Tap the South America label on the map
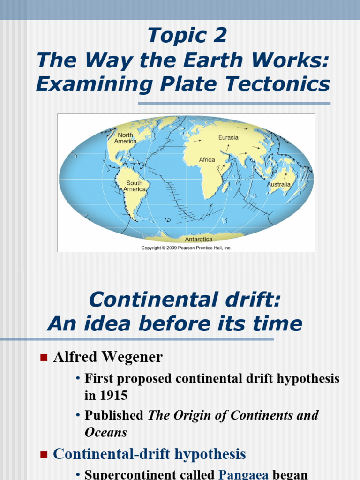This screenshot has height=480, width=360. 135,186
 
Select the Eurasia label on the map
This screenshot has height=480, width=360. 228,137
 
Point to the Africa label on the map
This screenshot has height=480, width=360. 207,160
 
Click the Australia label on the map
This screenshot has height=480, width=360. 279,184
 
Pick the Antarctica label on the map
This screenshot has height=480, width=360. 198,239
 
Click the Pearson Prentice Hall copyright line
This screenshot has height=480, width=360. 186,248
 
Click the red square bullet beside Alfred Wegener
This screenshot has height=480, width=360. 44,358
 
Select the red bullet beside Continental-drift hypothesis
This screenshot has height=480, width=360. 44,454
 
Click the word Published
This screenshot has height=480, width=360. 114,415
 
